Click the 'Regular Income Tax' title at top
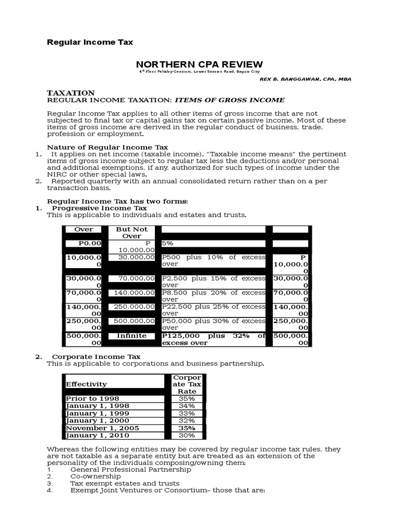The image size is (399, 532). click(90, 42)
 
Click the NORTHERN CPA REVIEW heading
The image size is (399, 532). click(196, 64)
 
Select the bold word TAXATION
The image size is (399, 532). click(71, 92)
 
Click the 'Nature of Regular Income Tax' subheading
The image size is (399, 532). click(108, 148)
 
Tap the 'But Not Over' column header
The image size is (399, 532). click(131, 232)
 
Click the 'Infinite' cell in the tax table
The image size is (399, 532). click(131, 336)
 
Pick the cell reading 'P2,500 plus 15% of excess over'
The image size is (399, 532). click(213, 282)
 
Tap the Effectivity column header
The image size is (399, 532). click(86, 384)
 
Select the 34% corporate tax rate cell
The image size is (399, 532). click(187, 406)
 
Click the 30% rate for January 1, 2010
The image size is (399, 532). click(187, 435)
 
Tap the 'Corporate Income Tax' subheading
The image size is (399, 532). click(96, 356)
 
